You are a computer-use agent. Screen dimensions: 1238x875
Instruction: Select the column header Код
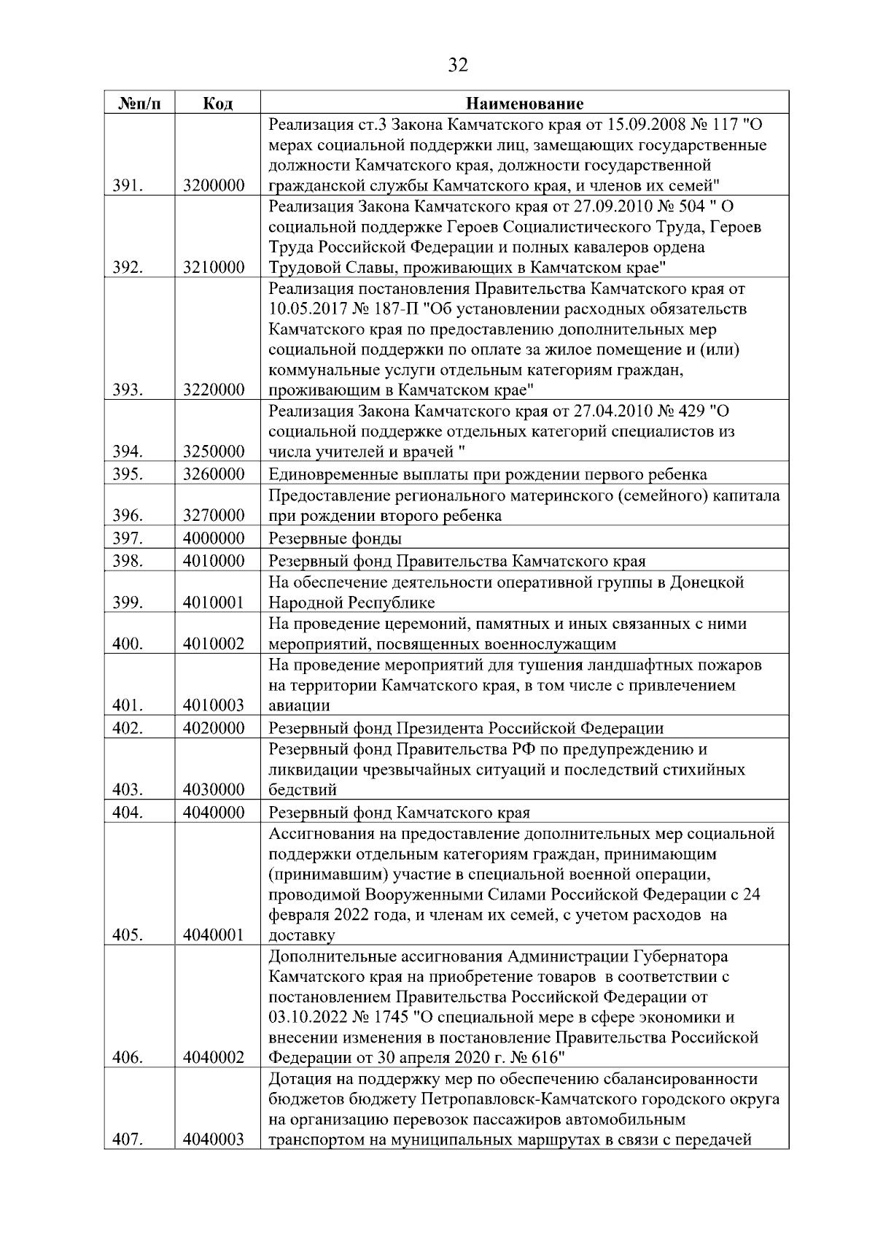pyautogui.click(x=217, y=104)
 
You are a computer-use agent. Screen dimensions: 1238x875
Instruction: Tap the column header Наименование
pyautogui.click(x=524, y=104)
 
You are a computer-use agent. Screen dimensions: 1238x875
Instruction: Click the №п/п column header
pyautogui.click(x=139, y=104)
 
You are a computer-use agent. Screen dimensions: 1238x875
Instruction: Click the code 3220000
pyautogui.click(x=214, y=390)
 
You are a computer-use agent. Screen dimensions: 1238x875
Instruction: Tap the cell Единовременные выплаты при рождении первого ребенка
pyautogui.click(x=488, y=474)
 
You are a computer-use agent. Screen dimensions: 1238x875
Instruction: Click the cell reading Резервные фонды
pyautogui.click(x=335, y=538)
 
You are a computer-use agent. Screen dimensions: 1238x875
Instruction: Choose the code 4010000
pyautogui.click(x=214, y=561)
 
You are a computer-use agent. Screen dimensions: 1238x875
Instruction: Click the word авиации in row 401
pyautogui.click(x=299, y=705)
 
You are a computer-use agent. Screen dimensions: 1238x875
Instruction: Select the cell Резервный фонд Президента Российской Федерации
pyautogui.click(x=467, y=728)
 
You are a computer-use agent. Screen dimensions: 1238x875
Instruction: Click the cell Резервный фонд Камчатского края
pyautogui.click(x=400, y=812)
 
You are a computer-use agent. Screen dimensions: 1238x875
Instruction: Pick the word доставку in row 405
pyautogui.click(x=302, y=935)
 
